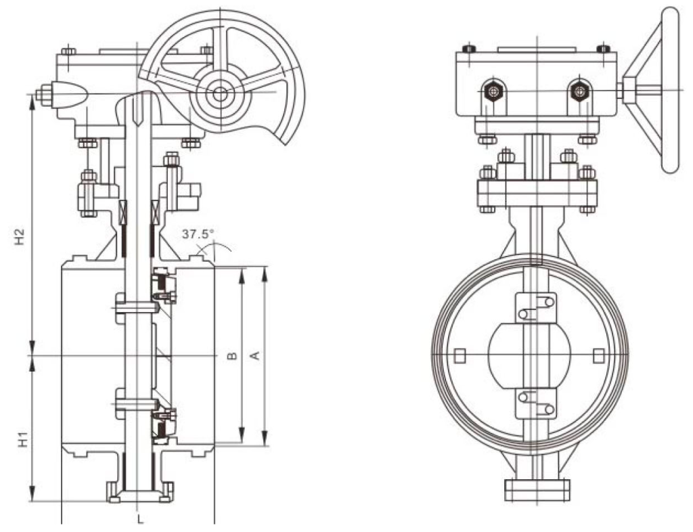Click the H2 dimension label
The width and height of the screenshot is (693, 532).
tap(21, 236)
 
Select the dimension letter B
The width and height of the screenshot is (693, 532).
tap(231, 355)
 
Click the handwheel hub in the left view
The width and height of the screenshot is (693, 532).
tap(219, 94)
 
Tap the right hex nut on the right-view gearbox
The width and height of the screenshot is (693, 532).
tap(579, 91)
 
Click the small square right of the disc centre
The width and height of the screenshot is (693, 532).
tap(598, 355)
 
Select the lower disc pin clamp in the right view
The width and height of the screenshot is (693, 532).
tap(535, 403)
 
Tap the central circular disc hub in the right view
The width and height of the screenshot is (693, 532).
tap(530, 355)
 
